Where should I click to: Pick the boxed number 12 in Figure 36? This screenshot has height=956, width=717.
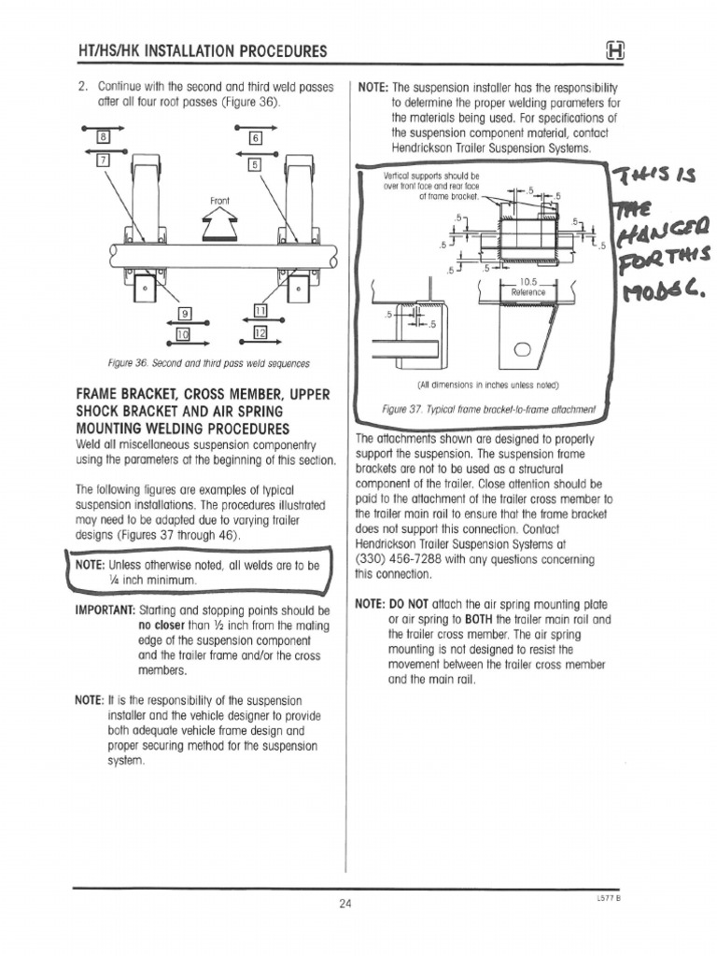(260, 332)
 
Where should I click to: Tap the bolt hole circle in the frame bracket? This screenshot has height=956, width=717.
(522, 350)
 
